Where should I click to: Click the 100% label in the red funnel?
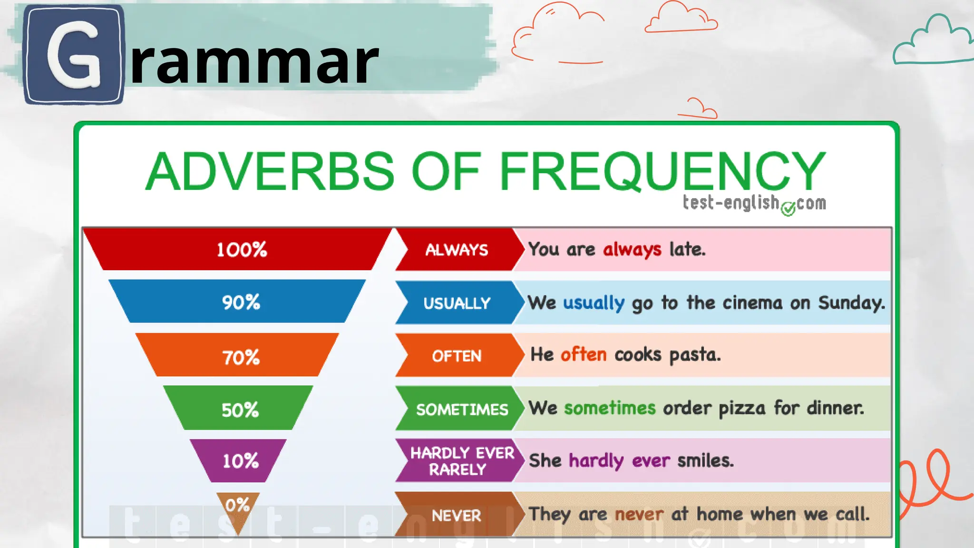click(242, 250)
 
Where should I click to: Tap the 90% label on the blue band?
click(241, 303)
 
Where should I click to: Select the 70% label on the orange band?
click(241, 357)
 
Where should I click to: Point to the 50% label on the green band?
click(240, 410)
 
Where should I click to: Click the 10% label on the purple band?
click(241, 461)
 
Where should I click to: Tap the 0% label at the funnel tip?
click(237, 505)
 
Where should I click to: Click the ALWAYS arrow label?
click(457, 250)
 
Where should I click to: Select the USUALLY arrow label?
click(457, 303)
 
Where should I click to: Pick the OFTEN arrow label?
click(457, 356)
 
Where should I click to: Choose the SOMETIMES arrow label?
click(462, 410)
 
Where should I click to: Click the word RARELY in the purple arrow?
click(458, 470)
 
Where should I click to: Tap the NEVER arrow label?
click(457, 516)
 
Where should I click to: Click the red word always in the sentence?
click(632, 250)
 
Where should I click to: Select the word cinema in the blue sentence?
click(752, 303)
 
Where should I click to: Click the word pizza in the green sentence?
click(742, 409)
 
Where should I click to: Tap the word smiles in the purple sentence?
click(705, 461)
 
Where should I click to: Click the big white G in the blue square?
click(74, 55)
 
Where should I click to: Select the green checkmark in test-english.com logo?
click(788, 208)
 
